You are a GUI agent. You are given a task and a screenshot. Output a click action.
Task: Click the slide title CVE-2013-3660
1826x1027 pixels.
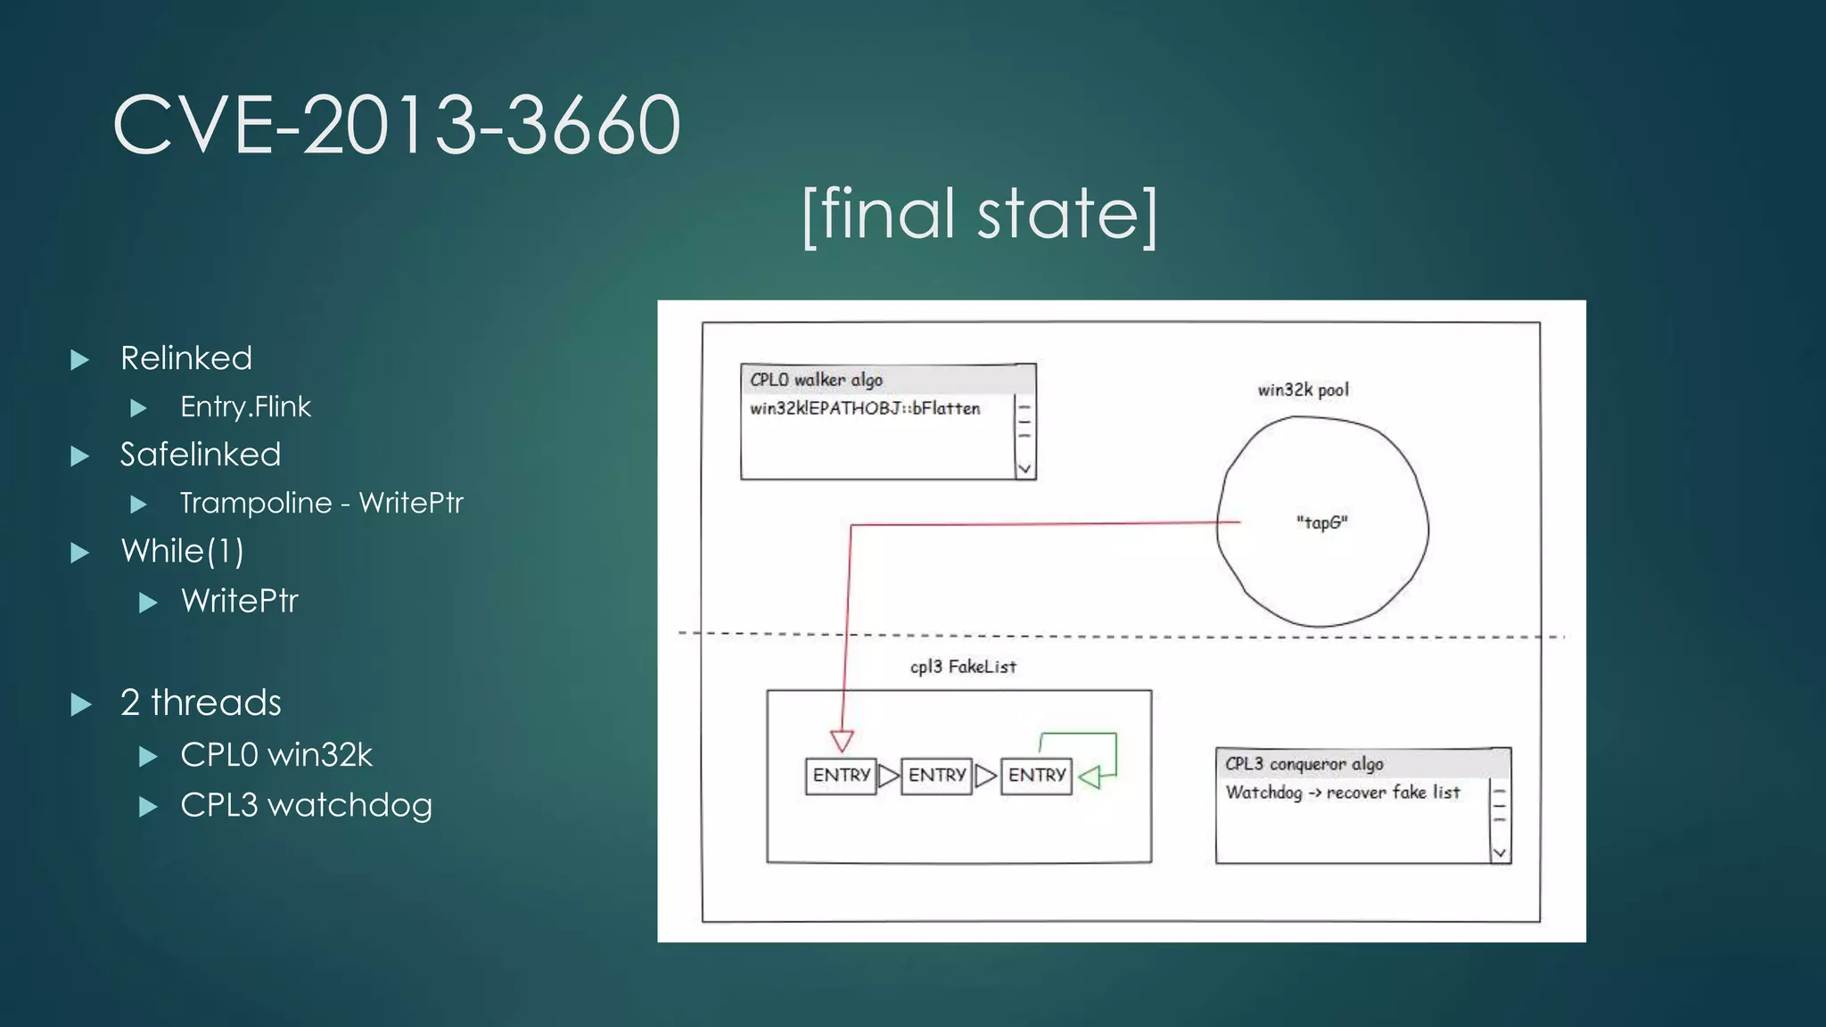(x=397, y=125)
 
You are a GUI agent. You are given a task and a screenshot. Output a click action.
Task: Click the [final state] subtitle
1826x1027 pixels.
(x=979, y=214)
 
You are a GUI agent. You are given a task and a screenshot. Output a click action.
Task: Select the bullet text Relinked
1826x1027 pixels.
(x=186, y=358)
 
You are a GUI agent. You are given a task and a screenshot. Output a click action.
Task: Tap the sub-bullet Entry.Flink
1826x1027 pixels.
(x=245, y=407)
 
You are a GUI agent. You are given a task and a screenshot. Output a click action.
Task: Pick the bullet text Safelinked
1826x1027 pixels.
(x=201, y=455)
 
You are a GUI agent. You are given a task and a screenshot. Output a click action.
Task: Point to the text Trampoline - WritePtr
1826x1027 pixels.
(x=321, y=503)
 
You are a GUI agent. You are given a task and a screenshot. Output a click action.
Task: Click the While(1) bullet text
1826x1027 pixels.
(x=183, y=551)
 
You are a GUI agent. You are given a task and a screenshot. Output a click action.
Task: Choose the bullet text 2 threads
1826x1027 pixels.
(x=201, y=702)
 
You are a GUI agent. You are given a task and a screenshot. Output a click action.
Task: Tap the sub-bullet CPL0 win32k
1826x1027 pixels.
(x=276, y=755)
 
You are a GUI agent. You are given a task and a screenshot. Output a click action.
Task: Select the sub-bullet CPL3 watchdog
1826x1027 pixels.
(x=306, y=805)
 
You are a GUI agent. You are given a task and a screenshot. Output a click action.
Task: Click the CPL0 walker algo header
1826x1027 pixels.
(x=816, y=380)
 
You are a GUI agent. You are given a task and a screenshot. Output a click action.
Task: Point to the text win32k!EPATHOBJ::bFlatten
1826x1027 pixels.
(x=865, y=408)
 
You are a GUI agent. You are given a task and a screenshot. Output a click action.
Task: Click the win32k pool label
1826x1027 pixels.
(x=1303, y=390)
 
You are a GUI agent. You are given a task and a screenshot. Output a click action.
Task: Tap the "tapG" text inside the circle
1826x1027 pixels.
(x=1321, y=522)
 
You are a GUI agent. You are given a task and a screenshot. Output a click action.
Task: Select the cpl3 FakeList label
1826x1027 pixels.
(x=963, y=667)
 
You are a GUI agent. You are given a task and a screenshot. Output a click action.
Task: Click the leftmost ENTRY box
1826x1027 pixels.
(x=841, y=776)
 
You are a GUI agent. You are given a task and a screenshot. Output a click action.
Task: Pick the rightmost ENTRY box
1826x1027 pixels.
(x=1036, y=776)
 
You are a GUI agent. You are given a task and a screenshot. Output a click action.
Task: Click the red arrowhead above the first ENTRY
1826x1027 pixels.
(x=842, y=740)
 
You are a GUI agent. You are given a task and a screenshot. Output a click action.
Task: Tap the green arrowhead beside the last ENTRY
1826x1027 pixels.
(x=1090, y=777)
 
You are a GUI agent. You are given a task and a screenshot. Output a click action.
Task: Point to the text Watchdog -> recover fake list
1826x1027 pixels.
(x=1342, y=793)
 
